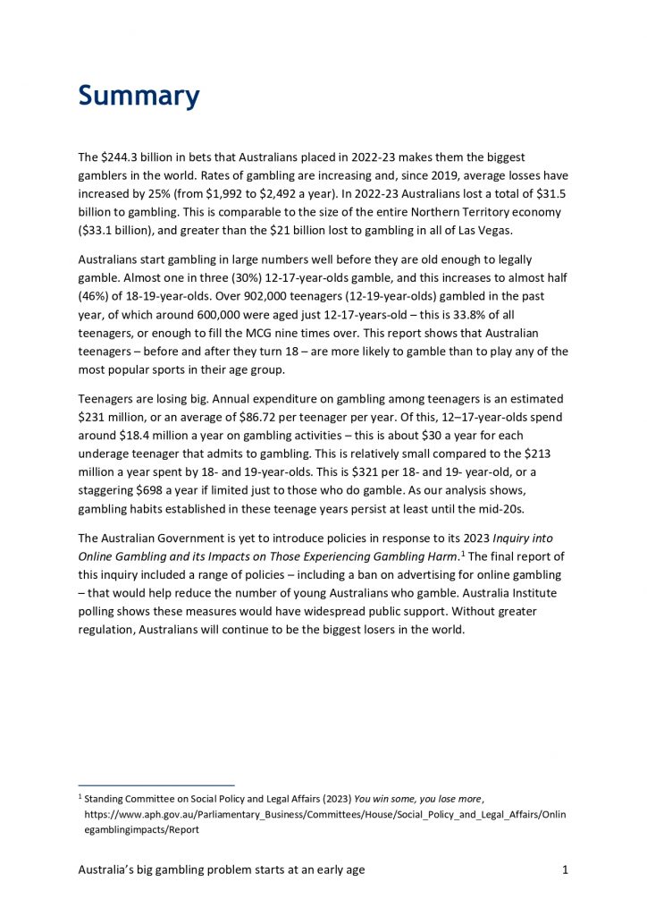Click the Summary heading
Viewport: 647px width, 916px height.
coord(139,95)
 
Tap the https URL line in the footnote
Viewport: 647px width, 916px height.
coord(324,814)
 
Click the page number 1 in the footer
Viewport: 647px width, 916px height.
coord(566,869)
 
